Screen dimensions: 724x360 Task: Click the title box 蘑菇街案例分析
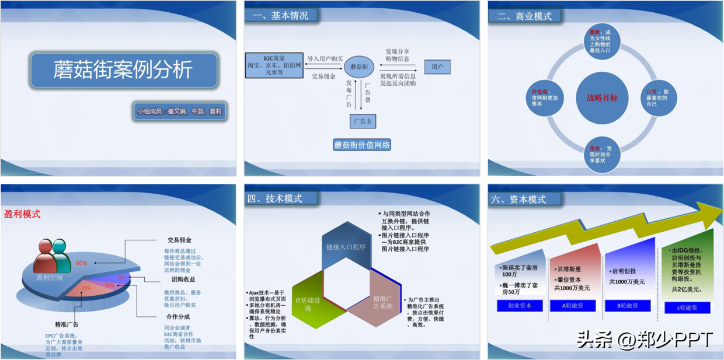coord(123,71)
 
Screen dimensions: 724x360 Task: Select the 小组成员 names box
coord(180,111)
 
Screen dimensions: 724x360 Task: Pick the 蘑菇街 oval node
coord(358,67)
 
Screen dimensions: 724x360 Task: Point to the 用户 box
coord(437,67)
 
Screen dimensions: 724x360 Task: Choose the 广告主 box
coord(362,121)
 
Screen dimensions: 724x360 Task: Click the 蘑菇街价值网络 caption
coord(362,145)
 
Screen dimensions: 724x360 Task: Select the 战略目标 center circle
coord(601,97)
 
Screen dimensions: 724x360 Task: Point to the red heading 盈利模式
coord(22,214)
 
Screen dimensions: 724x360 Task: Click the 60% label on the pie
coord(81,263)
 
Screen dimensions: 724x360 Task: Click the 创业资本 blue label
coord(519,306)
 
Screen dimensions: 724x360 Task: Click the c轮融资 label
coord(687,307)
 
